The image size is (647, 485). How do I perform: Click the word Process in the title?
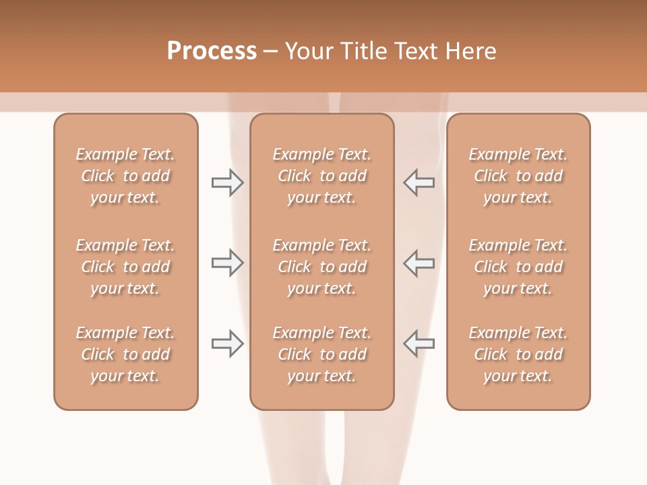[x=212, y=51]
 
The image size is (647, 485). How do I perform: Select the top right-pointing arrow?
[x=227, y=183]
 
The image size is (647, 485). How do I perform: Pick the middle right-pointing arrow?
[x=227, y=263]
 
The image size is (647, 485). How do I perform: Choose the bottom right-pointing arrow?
[x=227, y=344]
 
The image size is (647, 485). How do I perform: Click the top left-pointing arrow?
[x=419, y=183]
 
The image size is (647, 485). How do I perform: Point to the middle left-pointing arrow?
[x=419, y=263]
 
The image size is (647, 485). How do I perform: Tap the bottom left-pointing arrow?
[x=419, y=344]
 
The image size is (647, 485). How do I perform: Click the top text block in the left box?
[x=125, y=176]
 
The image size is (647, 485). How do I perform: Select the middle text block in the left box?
[x=125, y=267]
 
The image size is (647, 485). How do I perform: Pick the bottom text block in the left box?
[x=125, y=354]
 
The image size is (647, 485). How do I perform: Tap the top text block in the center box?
[x=321, y=176]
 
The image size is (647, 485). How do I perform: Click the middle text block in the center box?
[x=321, y=267]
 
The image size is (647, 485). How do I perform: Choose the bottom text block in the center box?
[x=321, y=354]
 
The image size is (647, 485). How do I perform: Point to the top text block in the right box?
[x=518, y=176]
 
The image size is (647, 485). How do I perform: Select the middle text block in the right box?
[x=518, y=267]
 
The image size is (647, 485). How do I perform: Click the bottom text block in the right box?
[x=518, y=354]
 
